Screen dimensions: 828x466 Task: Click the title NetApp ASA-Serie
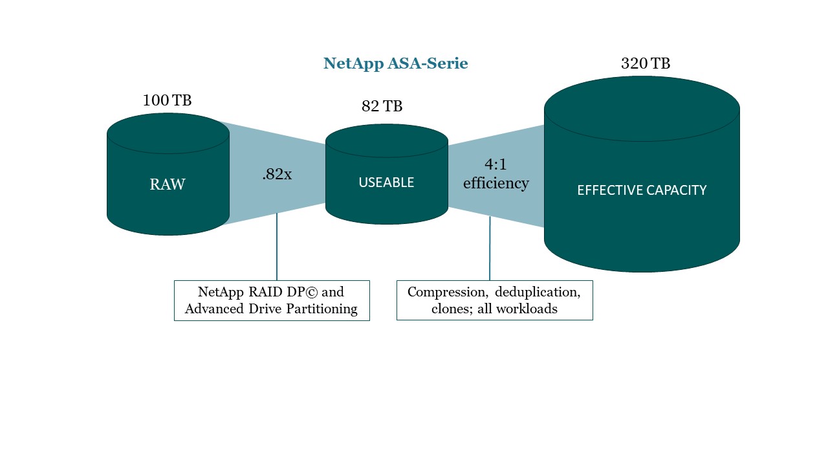[395, 63]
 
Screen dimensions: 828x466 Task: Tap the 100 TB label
[167, 100]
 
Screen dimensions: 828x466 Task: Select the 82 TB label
[382, 106]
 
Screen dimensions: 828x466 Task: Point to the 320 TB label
[646, 63]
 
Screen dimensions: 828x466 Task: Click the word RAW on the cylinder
[168, 184]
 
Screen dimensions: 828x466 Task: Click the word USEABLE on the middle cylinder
[386, 183]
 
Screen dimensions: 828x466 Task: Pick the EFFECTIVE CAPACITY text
[642, 190]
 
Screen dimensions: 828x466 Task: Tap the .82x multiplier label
[277, 174]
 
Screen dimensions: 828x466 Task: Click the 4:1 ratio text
[496, 164]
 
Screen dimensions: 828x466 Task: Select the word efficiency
[496, 183]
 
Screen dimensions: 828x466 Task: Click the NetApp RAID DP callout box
[272, 300]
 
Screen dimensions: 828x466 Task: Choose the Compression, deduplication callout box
[495, 300]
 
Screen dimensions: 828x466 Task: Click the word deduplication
[538, 292]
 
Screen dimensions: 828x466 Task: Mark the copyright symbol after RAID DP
[311, 292]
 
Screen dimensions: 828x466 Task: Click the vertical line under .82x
[277, 247]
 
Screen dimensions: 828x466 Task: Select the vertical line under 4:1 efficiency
[490, 248]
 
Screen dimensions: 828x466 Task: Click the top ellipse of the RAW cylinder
[168, 133]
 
